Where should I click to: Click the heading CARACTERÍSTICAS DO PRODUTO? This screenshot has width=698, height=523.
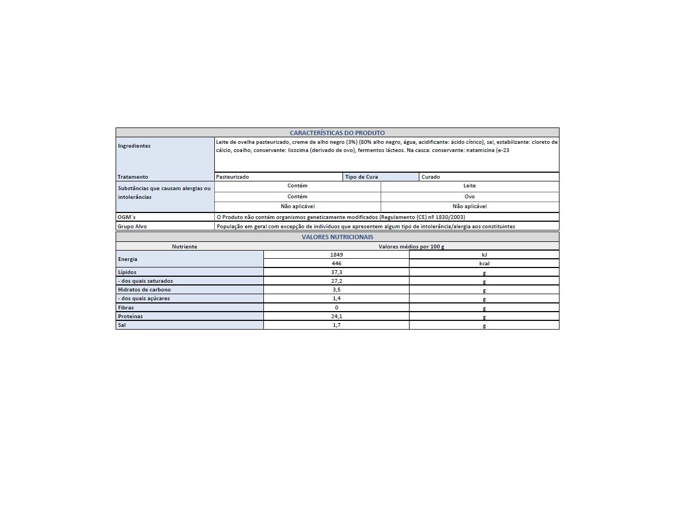(337, 133)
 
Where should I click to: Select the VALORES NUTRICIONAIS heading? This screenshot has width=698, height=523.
(337, 237)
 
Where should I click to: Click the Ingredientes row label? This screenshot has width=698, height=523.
(134, 146)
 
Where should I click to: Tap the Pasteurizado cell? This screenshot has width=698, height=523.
(232, 177)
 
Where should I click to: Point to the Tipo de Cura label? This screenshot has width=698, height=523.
(362, 177)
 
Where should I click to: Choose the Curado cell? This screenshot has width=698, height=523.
(431, 177)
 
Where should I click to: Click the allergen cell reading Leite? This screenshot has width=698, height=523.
(470, 186)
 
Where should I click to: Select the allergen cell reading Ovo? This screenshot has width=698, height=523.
(470, 197)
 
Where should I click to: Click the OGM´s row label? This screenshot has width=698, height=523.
(127, 217)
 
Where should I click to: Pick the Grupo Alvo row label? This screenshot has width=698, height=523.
(132, 227)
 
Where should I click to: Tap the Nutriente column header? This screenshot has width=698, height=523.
(184, 247)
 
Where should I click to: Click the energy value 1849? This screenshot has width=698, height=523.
(336, 255)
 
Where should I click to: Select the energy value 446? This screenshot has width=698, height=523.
(336, 264)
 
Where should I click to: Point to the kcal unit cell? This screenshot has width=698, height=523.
(484, 264)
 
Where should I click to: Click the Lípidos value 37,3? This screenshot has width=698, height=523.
(336, 272)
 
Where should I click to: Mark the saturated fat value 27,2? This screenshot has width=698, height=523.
(336, 281)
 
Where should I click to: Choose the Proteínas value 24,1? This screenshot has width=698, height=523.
(336, 317)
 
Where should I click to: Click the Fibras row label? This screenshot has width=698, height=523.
(126, 308)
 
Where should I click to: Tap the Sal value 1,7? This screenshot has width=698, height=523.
(336, 325)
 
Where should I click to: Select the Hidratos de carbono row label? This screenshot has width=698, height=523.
(145, 290)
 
